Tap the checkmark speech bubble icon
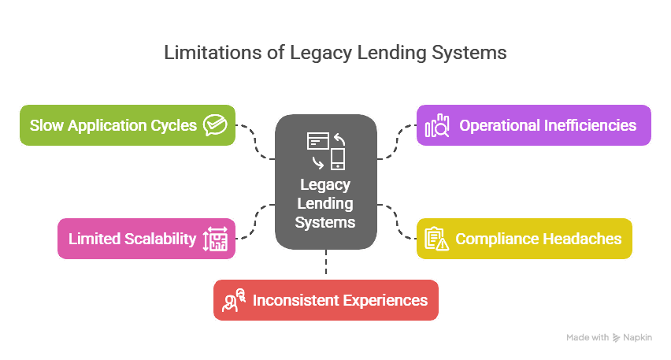[x=214, y=125]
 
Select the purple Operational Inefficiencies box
[x=533, y=125]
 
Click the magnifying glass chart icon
[x=437, y=126]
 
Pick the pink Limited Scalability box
[x=146, y=239]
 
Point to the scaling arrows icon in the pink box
[x=215, y=239]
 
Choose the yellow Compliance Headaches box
[x=524, y=239]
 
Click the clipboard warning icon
[x=436, y=239]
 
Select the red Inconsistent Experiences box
[x=325, y=300]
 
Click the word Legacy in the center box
[x=325, y=185]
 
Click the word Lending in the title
[x=383, y=53]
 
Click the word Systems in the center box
[x=325, y=223]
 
